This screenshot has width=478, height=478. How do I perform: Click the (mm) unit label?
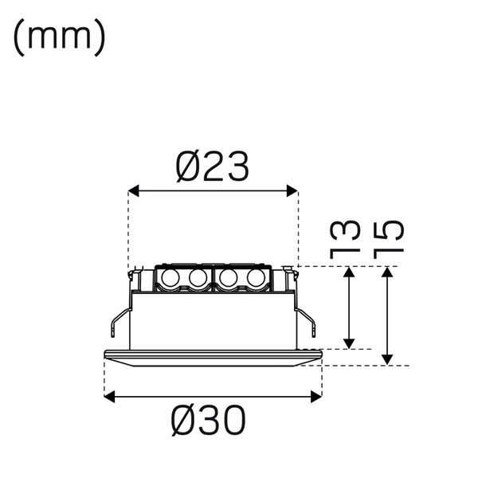point(59,37)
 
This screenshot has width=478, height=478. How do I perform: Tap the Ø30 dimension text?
point(209,420)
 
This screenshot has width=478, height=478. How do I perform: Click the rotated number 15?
point(388,237)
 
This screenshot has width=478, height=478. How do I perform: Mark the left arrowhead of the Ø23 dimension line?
point(133,191)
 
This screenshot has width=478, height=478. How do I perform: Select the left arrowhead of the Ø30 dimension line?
point(110,396)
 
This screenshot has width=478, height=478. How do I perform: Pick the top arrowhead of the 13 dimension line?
point(349,273)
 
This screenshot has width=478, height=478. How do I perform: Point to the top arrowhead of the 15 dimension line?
point(387,273)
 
